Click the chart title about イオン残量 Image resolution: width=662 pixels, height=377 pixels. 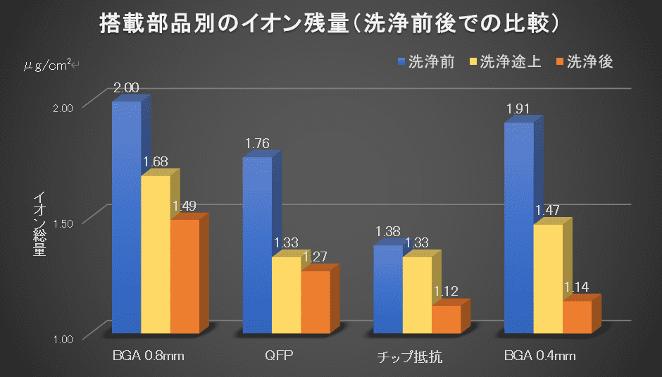[330, 24]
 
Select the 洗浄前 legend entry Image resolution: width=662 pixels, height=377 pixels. [425, 62]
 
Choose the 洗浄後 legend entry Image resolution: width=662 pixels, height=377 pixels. [585, 62]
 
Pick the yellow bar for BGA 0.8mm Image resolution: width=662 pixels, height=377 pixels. [156, 254]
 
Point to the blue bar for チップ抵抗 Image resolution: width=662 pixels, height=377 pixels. [388, 289]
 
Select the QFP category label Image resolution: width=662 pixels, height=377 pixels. [278, 354]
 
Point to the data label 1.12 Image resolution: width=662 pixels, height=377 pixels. [446, 291]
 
